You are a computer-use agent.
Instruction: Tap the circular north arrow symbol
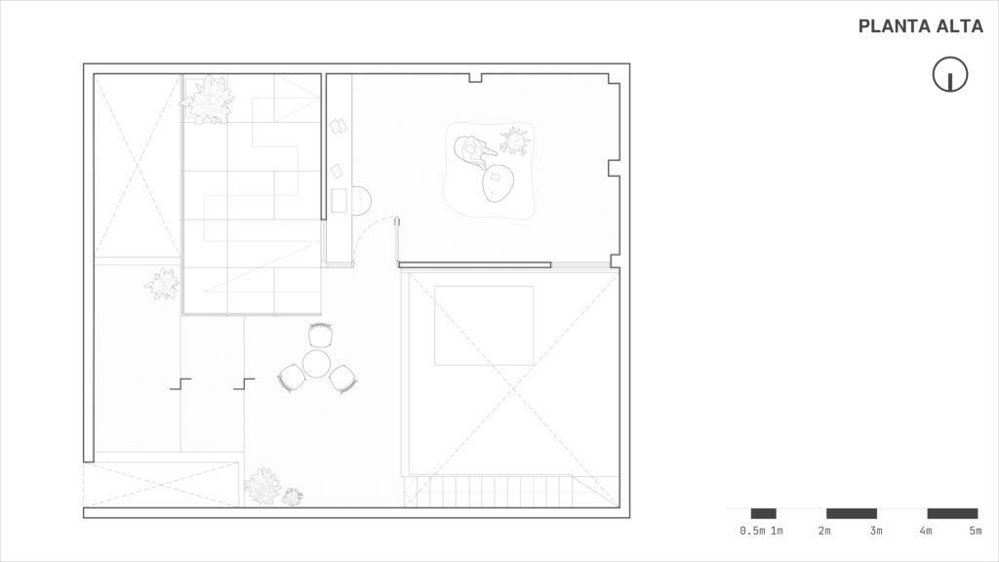click(950, 74)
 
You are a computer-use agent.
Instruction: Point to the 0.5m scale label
click(752, 531)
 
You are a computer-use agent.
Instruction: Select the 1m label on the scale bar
click(777, 531)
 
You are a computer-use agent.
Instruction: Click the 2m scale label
click(824, 531)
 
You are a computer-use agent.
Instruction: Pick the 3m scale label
click(876, 531)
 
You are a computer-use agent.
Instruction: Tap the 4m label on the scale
click(925, 531)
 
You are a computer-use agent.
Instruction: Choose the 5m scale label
click(976, 531)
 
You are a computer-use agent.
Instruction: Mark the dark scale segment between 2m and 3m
click(851, 513)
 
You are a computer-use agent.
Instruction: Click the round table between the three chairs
click(316, 364)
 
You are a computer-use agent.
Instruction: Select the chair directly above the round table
click(320, 335)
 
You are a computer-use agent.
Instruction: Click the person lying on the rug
click(473, 150)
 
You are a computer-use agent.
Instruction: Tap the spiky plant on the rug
click(515, 141)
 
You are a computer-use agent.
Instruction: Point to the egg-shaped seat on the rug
click(499, 183)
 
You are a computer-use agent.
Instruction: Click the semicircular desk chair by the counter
click(360, 200)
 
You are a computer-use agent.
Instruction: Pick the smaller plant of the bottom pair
click(293, 497)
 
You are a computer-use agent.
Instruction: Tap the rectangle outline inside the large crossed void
click(484, 326)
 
